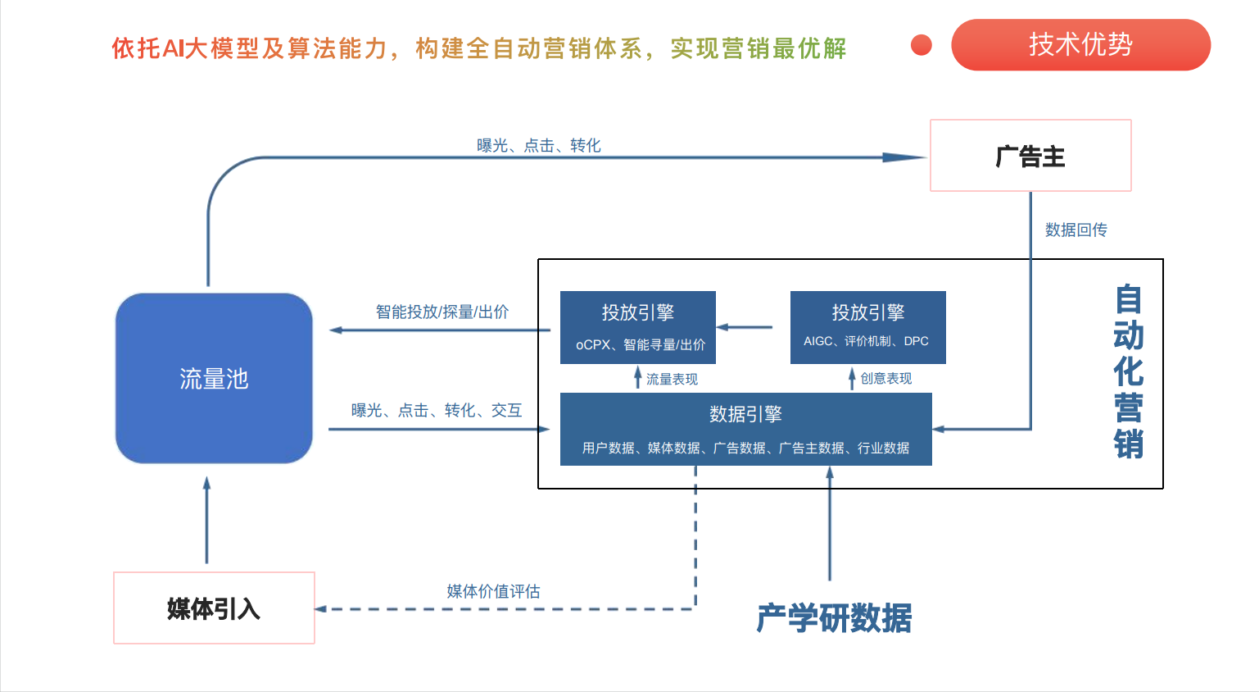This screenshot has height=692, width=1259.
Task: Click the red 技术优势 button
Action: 1080,45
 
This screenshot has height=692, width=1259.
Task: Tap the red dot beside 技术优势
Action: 922,45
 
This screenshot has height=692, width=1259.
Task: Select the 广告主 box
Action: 1030,156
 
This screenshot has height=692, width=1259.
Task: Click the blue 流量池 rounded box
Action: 214,378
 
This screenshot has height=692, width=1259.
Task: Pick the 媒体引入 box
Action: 214,608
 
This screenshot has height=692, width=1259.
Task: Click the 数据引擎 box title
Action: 745,415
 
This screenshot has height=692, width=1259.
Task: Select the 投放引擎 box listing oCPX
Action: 638,327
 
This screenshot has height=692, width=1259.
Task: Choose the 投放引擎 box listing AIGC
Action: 867,327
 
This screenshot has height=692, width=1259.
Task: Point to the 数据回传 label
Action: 1076,230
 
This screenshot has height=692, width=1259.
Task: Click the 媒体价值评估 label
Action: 493,592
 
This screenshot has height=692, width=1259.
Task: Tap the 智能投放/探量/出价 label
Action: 442,312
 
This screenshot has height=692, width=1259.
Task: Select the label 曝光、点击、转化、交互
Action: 436,411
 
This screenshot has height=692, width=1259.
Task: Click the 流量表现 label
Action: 672,380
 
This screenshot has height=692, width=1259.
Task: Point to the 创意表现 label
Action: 885,379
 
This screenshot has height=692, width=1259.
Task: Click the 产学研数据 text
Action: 834,618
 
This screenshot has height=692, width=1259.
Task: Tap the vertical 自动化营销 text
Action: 1128,371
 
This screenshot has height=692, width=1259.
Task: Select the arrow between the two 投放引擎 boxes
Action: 745,327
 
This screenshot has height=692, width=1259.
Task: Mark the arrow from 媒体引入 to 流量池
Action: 206,521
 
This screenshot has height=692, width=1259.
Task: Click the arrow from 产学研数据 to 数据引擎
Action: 830,525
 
